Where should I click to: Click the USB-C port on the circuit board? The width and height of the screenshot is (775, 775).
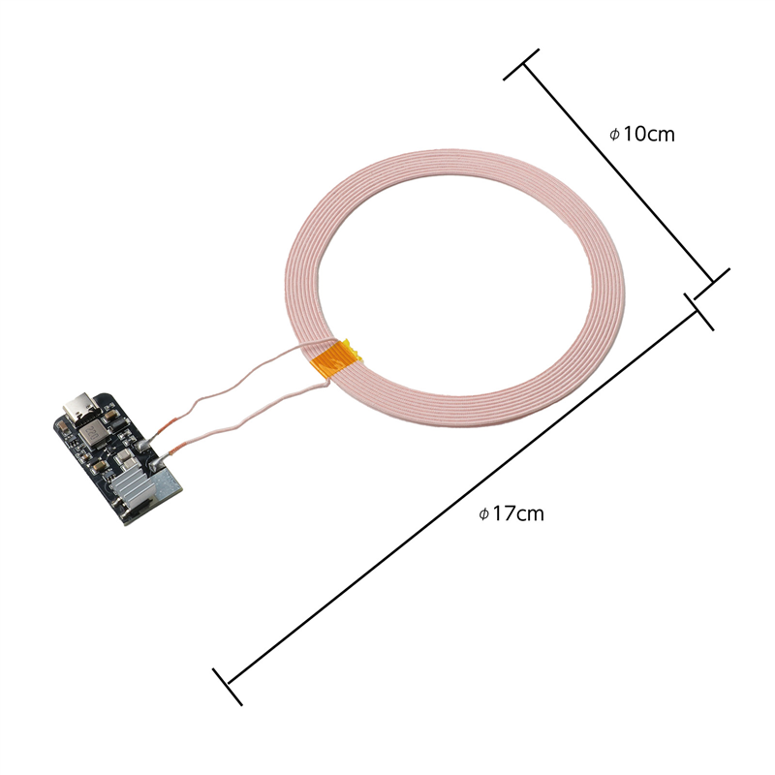pyautogui.click(x=77, y=406)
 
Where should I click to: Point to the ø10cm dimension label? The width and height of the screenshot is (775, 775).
pyautogui.click(x=642, y=134)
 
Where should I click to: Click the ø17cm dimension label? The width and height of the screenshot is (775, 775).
pyautogui.click(x=511, y=513)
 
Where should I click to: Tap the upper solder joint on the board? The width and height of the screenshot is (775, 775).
pyautogui.click(x=143, y=445)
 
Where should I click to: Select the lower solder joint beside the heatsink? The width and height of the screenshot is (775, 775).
pyautogui.click(x=155, y=464)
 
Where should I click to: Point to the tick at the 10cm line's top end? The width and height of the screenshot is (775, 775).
pyautogui.click(x=521, y=64)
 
